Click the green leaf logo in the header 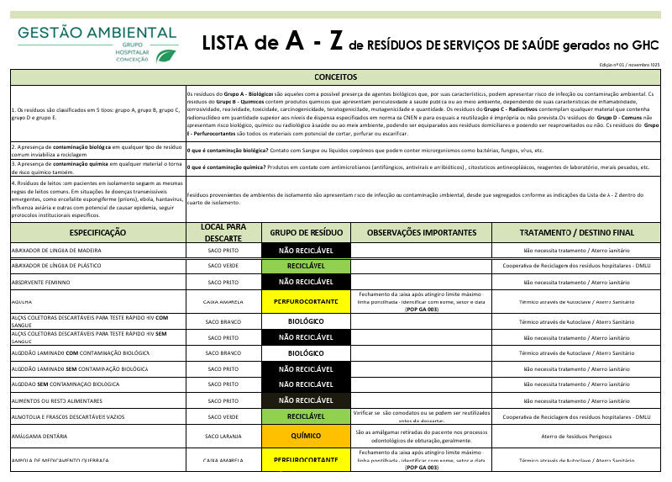tap(167, 56)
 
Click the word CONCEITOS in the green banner tap(335, 77)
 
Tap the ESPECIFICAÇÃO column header tap(97, 232)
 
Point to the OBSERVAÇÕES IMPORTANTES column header tap(422, 232)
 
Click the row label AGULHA tap(22, 301)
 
